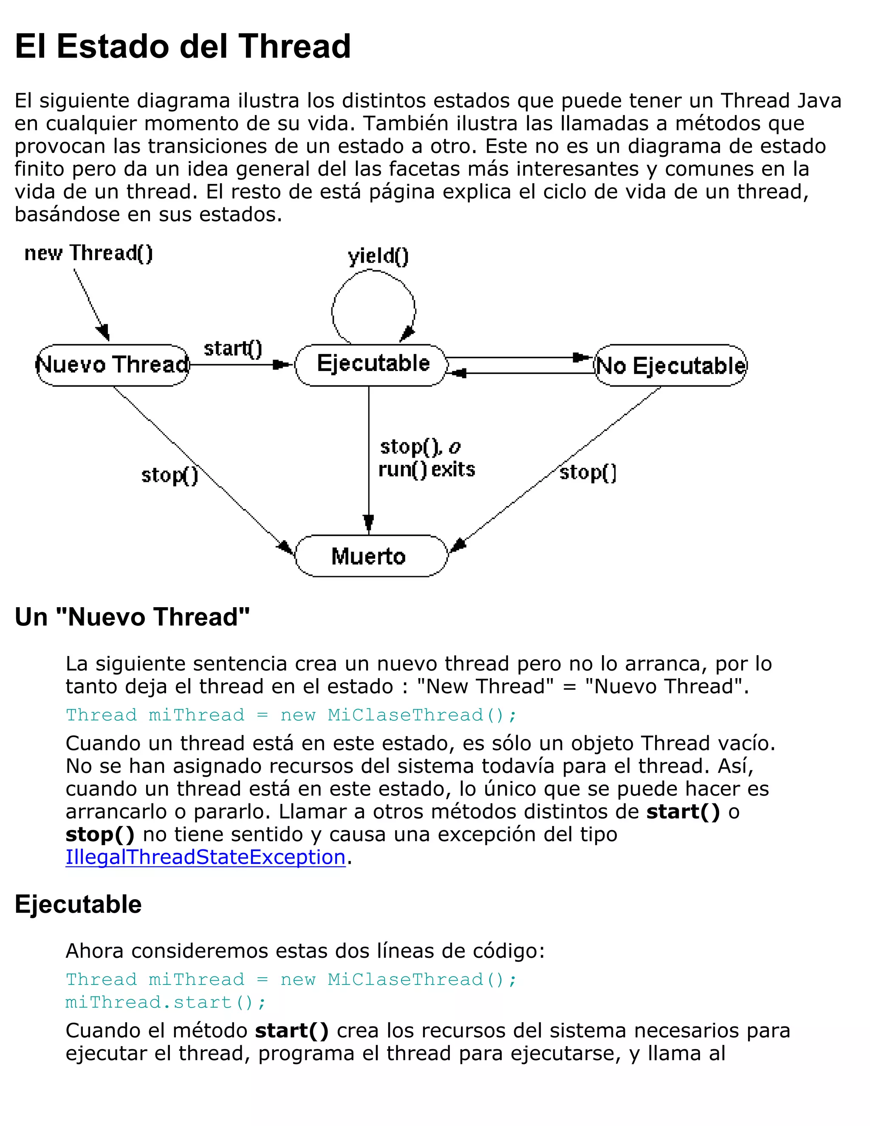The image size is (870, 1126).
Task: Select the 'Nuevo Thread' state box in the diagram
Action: point(113,365)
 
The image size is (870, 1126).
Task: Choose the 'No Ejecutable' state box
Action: point(670,365)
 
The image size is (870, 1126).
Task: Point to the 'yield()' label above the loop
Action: point(378,256)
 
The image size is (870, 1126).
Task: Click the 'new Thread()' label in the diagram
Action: point(89,253)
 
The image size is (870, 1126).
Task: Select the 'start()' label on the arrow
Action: point(233,349)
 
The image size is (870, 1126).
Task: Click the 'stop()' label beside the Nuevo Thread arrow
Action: point(169,475)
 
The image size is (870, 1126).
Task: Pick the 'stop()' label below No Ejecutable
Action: point(588,472)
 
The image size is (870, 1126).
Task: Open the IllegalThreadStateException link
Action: point(205,857)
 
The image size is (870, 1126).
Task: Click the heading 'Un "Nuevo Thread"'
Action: point(132,617)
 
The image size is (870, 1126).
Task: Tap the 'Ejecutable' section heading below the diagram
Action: point(78,904)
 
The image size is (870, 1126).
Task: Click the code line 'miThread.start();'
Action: point(165,1002)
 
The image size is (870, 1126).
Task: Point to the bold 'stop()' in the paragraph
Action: point(100,834)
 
